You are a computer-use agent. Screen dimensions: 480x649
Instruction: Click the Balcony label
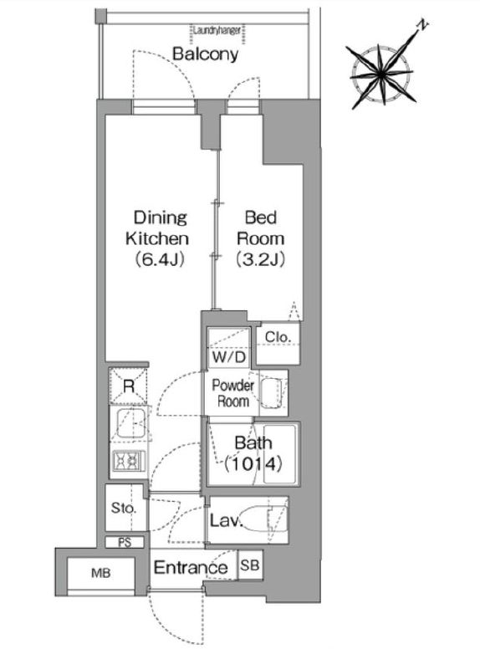coord(205,54)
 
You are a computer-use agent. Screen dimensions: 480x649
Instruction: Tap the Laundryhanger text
coord(217,30)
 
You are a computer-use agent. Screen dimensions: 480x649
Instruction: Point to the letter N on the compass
coord(422,26)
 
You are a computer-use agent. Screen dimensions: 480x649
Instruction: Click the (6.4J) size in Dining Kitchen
coord(160,259)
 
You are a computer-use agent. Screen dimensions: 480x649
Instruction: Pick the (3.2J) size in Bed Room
coord(260,259)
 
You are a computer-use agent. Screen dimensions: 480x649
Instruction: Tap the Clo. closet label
coord(278,337)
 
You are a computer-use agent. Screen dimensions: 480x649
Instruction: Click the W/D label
coord(229,357)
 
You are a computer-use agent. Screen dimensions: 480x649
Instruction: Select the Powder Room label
coord(233,393)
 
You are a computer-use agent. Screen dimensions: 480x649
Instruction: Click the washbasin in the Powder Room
coord(273,393)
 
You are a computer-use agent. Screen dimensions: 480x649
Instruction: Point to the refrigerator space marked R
coord(128,386)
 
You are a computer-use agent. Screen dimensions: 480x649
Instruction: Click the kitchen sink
coord(130,423)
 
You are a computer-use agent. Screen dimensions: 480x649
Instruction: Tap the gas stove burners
coord(129,460)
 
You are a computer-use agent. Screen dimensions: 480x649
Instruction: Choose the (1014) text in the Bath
coord(253,464)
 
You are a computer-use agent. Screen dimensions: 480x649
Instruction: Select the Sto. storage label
coord(123,508)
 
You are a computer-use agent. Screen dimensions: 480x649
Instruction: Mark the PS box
coord(125,542)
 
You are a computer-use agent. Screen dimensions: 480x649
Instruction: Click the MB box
coord(101,574)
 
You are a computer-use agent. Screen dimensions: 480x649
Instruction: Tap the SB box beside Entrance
coord(250,565)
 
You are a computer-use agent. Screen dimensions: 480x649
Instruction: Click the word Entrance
coord(191,567)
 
